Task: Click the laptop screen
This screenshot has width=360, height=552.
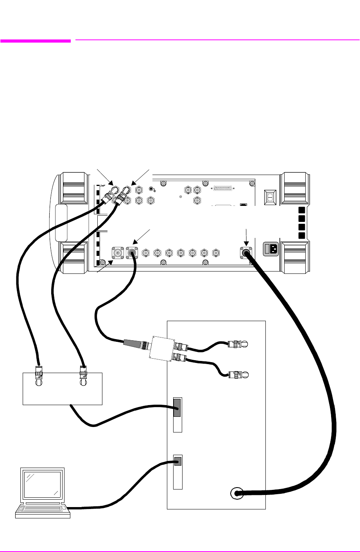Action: coord(43,485)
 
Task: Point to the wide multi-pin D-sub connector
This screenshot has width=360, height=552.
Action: coord(222,188)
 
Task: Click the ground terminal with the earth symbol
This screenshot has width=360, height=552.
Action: coord(152,189)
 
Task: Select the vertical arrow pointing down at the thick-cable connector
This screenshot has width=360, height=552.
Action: coord(246,236)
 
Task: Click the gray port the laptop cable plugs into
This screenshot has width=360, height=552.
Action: coord(177,461)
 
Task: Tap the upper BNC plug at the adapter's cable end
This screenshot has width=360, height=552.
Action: coord(236,344)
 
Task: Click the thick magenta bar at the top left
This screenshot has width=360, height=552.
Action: coord(36,40)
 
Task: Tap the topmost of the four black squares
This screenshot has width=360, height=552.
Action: coord(301,209)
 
